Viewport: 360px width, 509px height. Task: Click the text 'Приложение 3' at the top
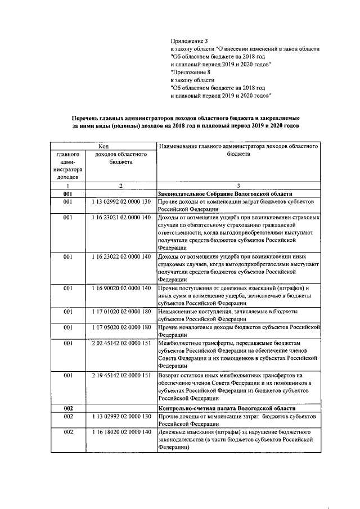click(189, 41)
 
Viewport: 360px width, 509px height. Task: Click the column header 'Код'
click(103, 146)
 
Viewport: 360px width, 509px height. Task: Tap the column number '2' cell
click(120, 185)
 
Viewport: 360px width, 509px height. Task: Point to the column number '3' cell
click(238, 185)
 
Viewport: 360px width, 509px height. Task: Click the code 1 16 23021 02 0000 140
click(121, 217)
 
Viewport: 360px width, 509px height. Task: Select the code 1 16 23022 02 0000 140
click(121, 256)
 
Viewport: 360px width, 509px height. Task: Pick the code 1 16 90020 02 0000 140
click(121, 288)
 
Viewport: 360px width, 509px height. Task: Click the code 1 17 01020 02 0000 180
click(121, 311)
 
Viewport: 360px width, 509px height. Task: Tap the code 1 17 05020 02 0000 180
click(121, 327)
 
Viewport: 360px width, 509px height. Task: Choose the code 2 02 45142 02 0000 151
click(121, 343)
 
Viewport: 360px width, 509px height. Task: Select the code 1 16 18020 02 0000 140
click(121, 431)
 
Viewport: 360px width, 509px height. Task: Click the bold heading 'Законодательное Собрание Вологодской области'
click(225, 193)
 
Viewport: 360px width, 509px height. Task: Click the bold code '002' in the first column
click(68, 406)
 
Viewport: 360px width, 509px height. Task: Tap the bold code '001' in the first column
click(68, 193)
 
